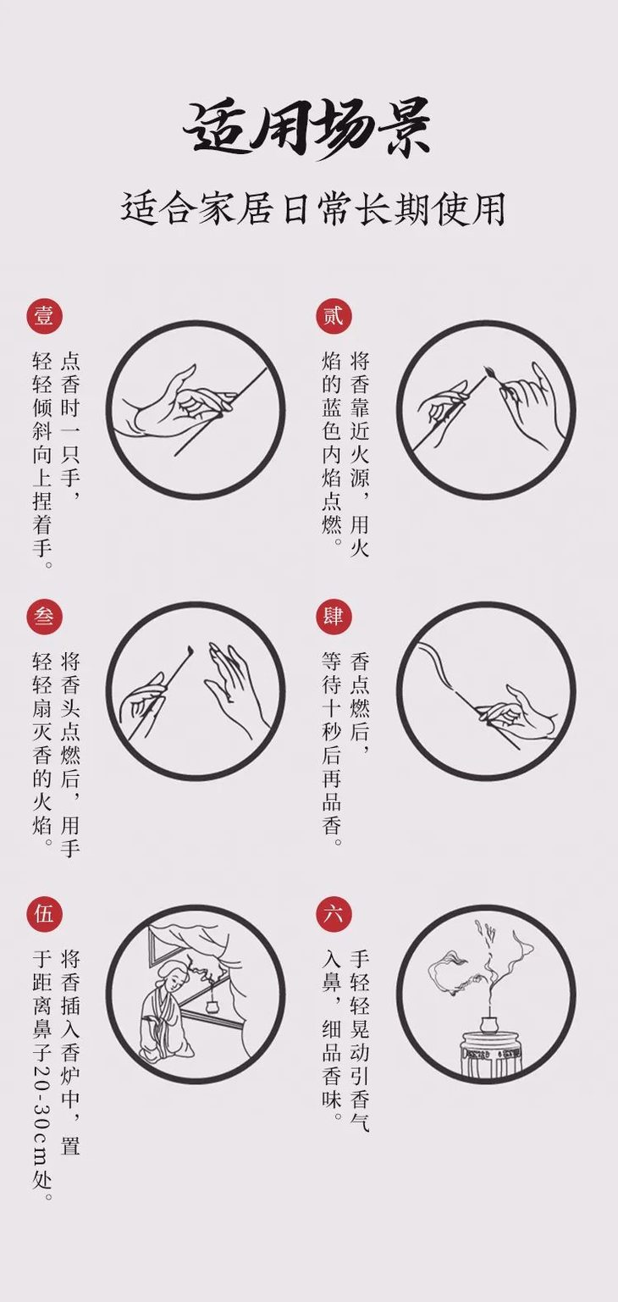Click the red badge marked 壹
pos(43,316)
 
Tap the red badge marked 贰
pos(333,316)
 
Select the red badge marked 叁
pos(43,616)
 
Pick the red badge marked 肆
pos(333,616)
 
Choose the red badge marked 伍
pos(43,914)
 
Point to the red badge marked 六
pos(333,914)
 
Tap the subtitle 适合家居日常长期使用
pos(312,208)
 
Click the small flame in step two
pos(489,373)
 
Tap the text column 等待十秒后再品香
pos(332,750)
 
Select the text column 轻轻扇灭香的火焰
pos(42,750)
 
